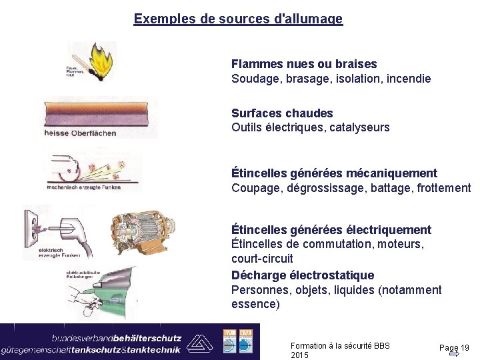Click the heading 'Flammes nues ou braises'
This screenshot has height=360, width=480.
(304, 64)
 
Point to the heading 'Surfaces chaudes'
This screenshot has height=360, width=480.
(282, 113)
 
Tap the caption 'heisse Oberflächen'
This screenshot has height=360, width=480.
(81, 133)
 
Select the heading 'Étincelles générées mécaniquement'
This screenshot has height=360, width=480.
(334, 173)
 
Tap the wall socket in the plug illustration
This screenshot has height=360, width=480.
(35, 226)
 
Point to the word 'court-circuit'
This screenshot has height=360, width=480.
(262, 258)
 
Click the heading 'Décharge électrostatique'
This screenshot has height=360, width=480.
(303, 275)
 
